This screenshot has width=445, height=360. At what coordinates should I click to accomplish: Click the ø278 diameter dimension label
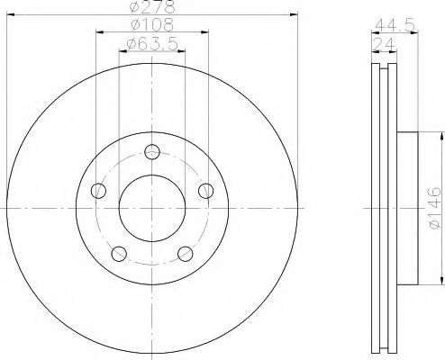[x=151, y=6]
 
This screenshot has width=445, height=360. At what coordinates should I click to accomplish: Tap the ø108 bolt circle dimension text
[x=152, y=24]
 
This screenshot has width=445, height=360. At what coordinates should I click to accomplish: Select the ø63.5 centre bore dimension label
[x=152, y=44]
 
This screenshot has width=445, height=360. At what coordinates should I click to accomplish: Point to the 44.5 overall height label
[x=395, y=24]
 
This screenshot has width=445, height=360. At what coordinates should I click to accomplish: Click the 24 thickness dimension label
[x=384, y=44]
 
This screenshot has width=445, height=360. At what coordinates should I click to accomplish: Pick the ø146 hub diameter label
[x=435, y=208]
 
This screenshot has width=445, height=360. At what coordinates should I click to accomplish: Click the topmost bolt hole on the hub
[x=152, y=152]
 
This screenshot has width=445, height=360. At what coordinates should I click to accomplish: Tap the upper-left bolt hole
[x=98, y=191]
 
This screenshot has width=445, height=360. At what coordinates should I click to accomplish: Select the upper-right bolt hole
[x=206, y=191]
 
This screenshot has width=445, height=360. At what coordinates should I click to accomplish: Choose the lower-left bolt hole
[x=119, y=254]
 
